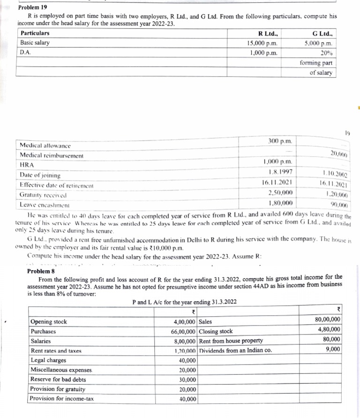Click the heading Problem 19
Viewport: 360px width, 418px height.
point(33,8)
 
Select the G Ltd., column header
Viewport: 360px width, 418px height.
point(322,33)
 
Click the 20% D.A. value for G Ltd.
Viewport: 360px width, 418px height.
point(326,53)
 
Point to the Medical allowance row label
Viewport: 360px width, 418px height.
point(45,146)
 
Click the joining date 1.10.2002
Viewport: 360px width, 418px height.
point(336,175)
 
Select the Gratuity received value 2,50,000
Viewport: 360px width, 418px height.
point(280,193)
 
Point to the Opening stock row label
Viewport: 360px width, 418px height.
point(49,322)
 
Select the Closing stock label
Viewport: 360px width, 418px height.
point(216,331)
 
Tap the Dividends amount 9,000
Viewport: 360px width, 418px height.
point(332,349)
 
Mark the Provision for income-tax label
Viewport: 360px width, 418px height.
point(61,399)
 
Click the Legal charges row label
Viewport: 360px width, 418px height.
point(48,360)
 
